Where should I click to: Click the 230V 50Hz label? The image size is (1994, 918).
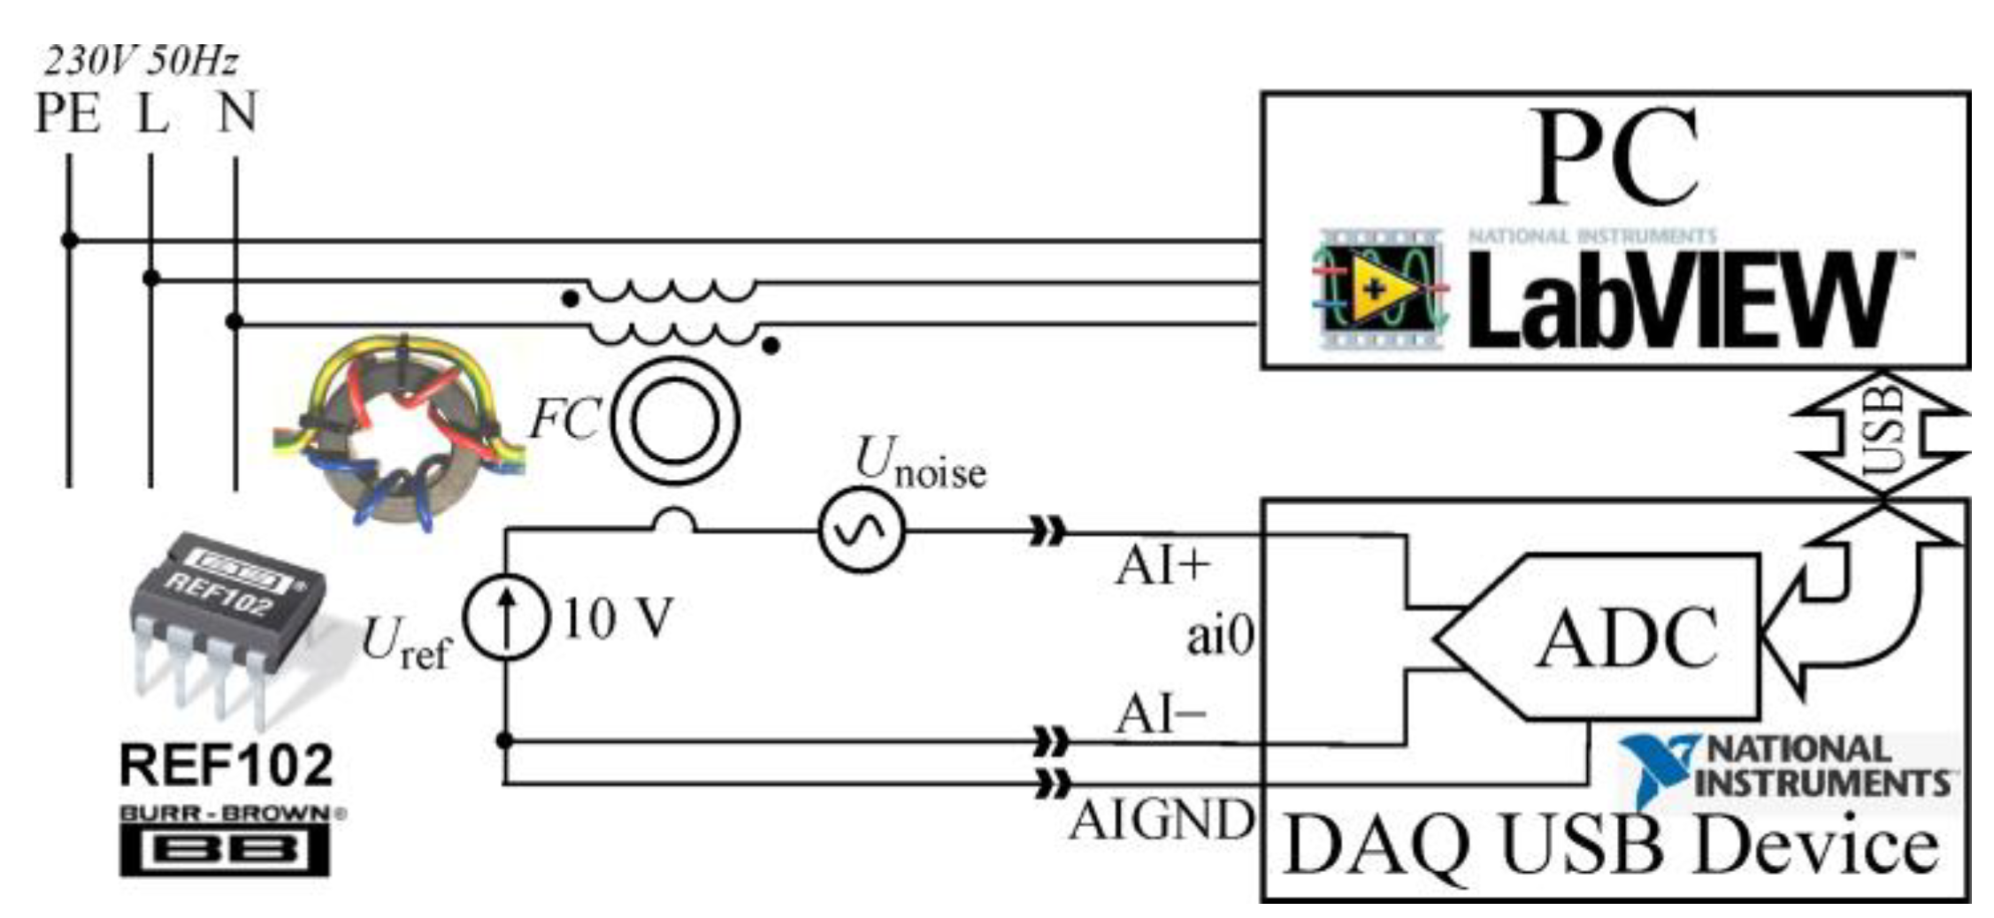tap(142, 62)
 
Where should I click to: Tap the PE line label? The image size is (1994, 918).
tap(67, 113)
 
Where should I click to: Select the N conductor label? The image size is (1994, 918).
tap(236, 113)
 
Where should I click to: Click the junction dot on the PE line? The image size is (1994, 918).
tap(69, 240)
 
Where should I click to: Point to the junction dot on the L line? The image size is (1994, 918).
tap(151, 278)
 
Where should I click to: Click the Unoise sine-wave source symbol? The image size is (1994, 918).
tap(861, 530)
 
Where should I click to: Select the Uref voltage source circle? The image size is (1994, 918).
tap(506, 617)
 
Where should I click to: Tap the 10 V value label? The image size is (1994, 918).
tap(617, 618)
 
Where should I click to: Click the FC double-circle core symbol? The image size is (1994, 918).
tap(674, 421)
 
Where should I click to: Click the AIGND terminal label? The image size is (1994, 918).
tap(1162, 819)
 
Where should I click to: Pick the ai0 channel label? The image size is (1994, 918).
tap(1220, 636)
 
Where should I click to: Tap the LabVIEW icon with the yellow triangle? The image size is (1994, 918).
tap(1378, 288)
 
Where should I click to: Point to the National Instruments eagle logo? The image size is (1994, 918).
tap(1656, 768)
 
